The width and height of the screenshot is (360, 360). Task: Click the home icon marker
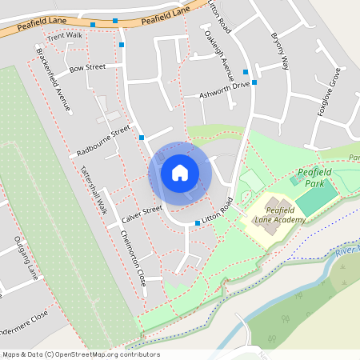coord(180,172)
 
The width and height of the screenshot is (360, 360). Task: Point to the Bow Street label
coord(87,69)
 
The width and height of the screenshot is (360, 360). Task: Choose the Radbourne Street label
coord(103,141)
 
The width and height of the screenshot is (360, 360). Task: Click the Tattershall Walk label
coord(93,190)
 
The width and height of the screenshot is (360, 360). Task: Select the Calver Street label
coord(142,214)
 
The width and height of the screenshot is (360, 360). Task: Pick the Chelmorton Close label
coord(132,257)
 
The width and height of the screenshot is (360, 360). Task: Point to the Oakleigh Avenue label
coord(215,56)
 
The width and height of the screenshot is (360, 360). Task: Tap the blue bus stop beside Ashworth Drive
coord(254,82)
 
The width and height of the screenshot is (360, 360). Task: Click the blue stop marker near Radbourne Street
coord(142,138)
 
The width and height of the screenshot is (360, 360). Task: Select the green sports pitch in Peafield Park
coord(318,198)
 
